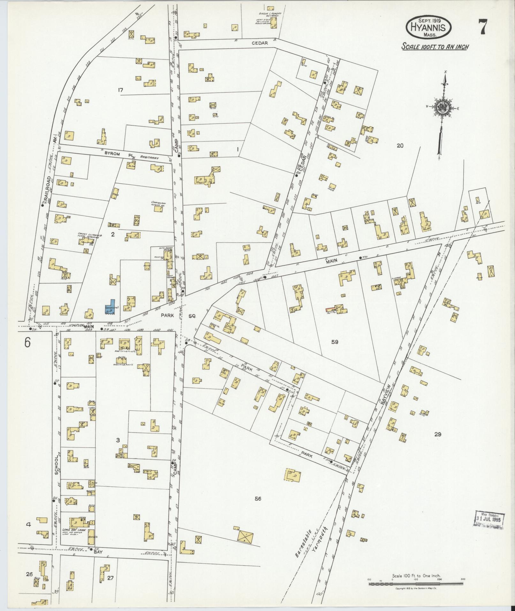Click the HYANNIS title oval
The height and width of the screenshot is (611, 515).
click(428, 27)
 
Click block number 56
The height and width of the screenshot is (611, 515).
click(258, 498)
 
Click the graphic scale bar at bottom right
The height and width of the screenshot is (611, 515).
click(416, 584)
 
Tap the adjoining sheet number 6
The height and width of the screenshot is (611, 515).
click(27, 343)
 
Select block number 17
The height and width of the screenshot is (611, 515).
click(120, 90)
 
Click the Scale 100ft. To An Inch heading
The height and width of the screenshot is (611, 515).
click(435, 47)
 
